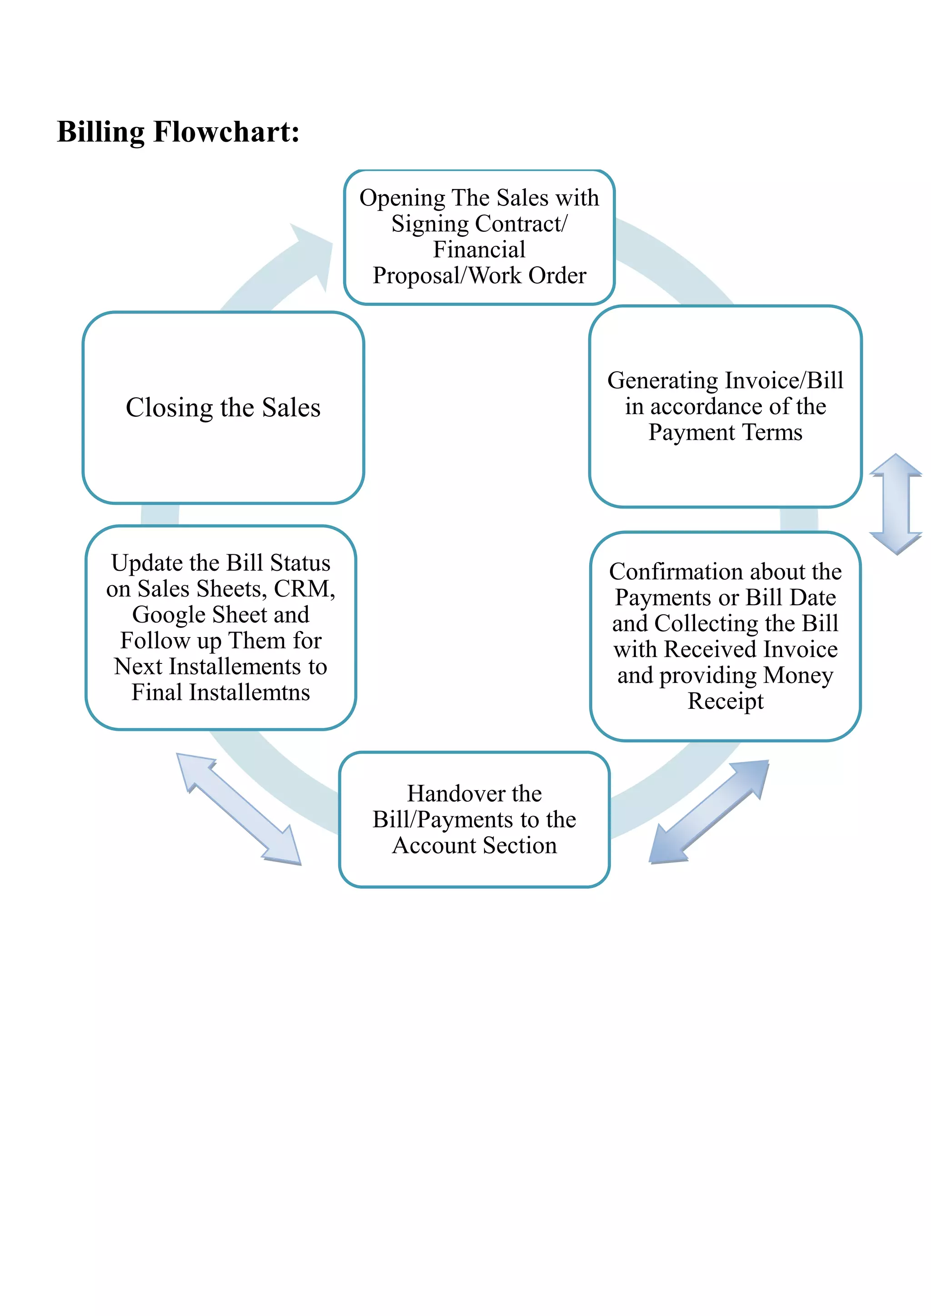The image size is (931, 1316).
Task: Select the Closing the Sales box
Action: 223,408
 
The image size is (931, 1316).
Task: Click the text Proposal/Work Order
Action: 479,276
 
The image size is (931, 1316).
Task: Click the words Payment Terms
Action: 725,432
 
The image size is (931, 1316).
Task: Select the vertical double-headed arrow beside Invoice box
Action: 896,504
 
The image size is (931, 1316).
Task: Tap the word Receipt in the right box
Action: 725,701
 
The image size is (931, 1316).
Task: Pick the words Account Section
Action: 474,845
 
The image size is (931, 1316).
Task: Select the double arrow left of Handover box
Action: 239,809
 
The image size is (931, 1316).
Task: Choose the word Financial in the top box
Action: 479,250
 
